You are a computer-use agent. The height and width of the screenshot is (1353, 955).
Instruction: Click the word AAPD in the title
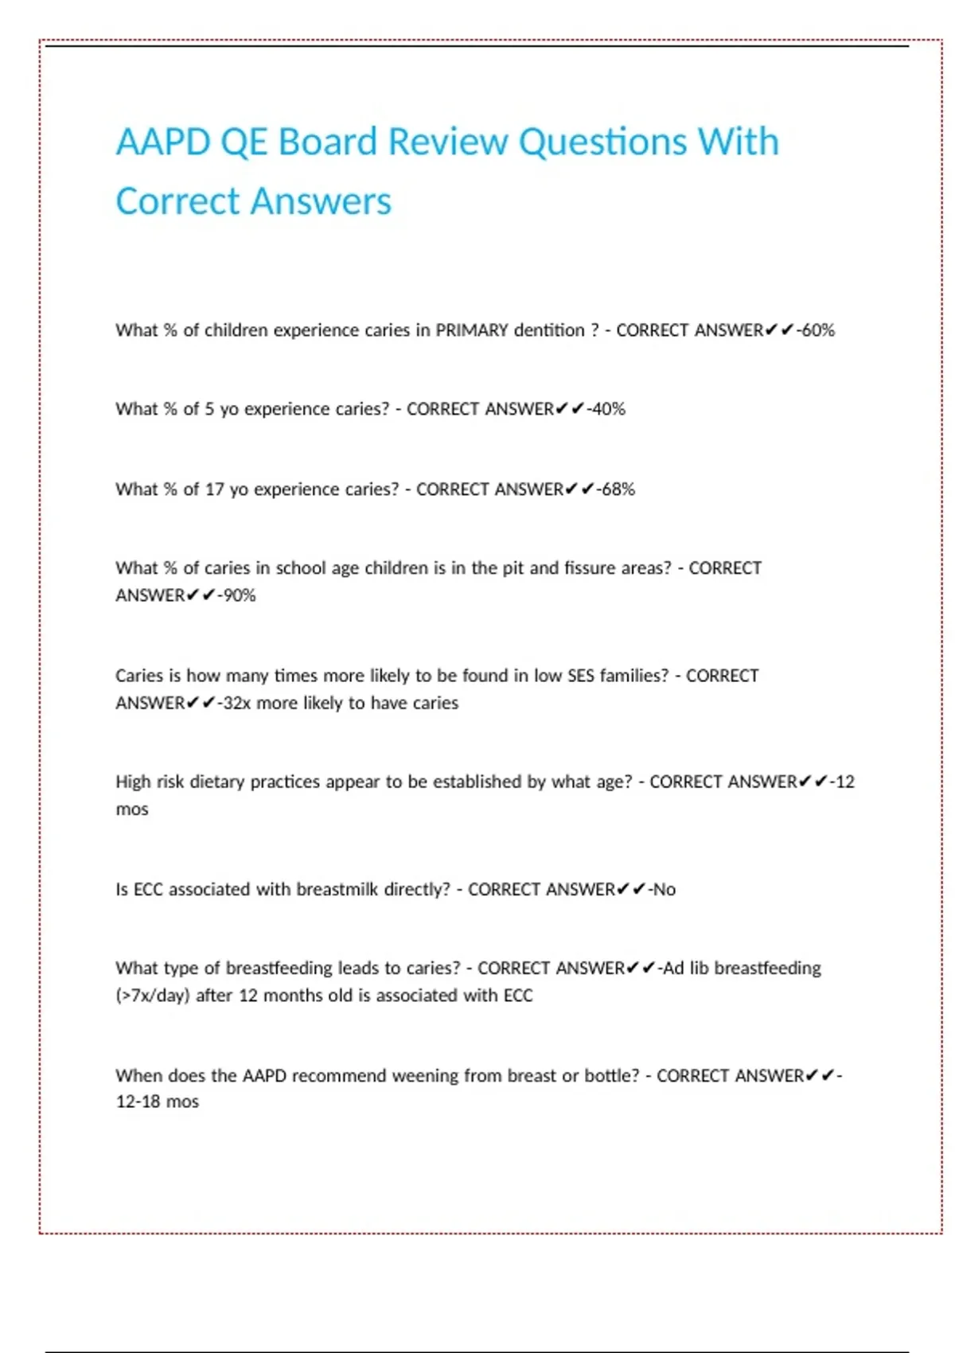[162, 142]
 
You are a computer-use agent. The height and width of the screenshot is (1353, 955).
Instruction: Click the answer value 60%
[818, 330]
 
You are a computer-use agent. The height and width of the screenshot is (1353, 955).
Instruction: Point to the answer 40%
[609, 409]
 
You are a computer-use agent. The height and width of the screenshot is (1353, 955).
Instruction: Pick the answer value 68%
[618, 489]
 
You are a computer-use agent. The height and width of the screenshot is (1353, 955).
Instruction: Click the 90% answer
[240, 595]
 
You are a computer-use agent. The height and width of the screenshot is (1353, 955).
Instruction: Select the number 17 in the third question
[214, 489]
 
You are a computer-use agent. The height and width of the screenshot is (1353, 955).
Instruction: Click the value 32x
[237, 703]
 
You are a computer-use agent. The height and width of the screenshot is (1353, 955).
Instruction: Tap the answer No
[665, 889]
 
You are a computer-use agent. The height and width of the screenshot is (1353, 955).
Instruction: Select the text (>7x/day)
[153, 996]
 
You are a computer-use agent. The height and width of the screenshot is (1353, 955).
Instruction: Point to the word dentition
[548, 330]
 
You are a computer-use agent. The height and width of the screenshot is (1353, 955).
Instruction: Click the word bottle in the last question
[611, 1076]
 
